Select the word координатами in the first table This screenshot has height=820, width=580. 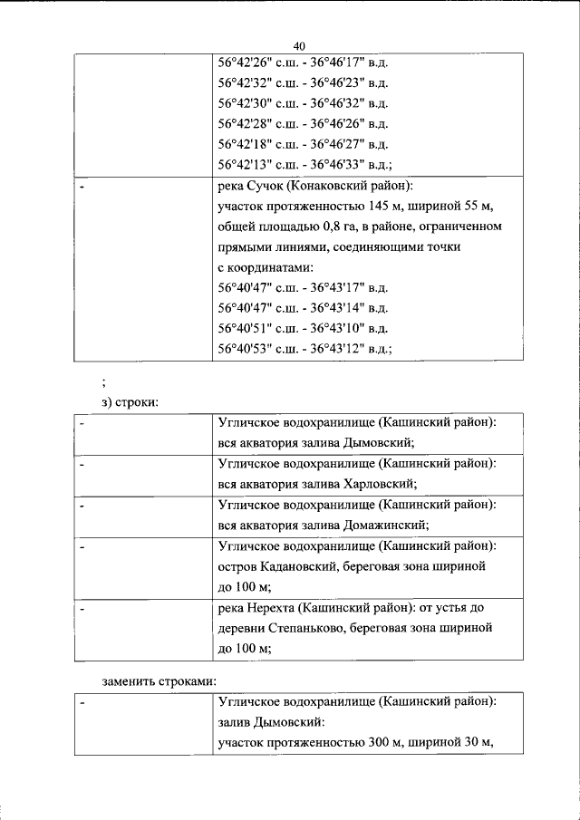(x=271, y=268)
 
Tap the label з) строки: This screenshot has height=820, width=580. (x=129, y=401)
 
